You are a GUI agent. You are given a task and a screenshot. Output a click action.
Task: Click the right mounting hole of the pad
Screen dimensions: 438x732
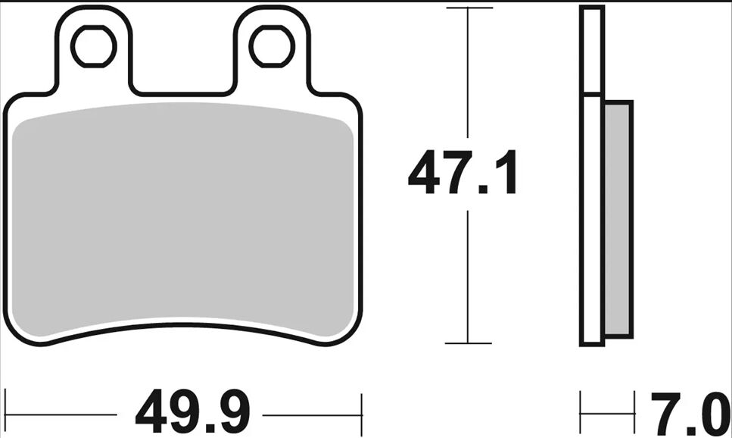(273, 46)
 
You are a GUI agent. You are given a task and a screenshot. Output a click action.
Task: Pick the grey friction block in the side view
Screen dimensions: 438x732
(617, 220)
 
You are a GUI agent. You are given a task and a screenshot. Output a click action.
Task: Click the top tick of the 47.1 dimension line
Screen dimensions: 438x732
(469, 8)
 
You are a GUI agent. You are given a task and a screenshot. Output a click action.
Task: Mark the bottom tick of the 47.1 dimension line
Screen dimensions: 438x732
(469, 343)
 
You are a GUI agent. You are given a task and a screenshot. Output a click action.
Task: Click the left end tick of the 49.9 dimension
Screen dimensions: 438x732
(6, 414)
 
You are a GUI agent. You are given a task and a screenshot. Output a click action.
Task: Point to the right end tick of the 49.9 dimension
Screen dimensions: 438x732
(363, 414)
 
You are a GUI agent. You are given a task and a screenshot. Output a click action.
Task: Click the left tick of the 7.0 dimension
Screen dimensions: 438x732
(581, 414)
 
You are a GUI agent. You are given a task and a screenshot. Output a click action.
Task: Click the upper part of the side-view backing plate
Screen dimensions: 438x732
(591, 49)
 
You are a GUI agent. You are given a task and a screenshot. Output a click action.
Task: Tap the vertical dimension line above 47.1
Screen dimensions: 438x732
(469, 76)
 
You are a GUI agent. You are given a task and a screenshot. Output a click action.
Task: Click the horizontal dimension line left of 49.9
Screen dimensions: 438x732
(61, 415)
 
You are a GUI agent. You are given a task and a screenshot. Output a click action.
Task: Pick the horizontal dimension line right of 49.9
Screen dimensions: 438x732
(310, 415)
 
